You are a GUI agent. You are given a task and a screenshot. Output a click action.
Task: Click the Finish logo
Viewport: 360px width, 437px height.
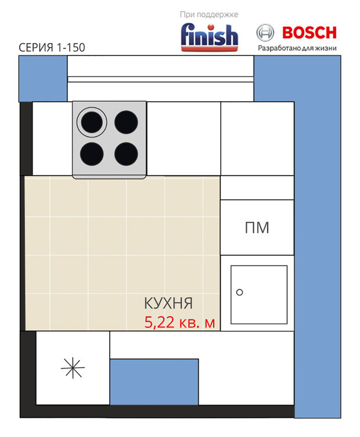click(210, 37)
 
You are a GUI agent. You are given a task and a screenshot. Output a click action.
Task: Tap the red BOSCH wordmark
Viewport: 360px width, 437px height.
click(309, 33)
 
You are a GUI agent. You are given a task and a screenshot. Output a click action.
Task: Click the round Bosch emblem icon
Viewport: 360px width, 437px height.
click(265, 33)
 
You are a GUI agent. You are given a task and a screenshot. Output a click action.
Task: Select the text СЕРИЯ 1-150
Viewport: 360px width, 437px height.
click(52, 48)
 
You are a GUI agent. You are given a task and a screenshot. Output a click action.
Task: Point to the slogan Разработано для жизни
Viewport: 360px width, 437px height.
click(297, 48)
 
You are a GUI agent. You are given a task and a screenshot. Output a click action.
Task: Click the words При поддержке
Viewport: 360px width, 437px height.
click(209, 15)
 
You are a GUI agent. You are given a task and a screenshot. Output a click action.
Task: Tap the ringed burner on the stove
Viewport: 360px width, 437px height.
click(92, 122)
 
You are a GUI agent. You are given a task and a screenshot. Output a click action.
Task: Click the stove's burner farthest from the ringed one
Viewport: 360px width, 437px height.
click(126, 154)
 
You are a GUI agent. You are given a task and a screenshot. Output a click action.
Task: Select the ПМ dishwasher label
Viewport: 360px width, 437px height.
click(257, 228)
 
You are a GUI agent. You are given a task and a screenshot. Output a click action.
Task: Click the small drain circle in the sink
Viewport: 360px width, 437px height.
click(239, 292)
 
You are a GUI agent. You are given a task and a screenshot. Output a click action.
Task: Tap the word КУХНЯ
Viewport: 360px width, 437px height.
click(168, 303)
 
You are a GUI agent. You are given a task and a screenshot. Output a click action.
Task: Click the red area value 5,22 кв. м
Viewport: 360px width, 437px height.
click(179, 323)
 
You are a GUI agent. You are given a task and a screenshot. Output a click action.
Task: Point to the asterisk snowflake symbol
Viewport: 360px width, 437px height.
click(73, 368)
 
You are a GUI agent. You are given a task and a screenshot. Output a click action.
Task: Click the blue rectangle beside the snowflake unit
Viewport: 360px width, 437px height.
click(154, 382)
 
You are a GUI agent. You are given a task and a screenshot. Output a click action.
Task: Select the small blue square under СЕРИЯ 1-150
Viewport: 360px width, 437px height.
click(43, 79)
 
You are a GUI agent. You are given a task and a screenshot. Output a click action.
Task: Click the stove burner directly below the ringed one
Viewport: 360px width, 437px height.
click(92, 154)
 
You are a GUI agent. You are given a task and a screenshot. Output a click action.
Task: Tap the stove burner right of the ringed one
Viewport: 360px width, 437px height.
click(126, 122)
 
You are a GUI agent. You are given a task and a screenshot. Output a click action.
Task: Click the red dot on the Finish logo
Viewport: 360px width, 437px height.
click(211, 27)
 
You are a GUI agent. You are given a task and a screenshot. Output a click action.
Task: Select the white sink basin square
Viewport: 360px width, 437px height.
click(259, 295)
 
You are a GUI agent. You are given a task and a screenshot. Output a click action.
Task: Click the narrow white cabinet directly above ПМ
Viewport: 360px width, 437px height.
click(257, 188)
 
